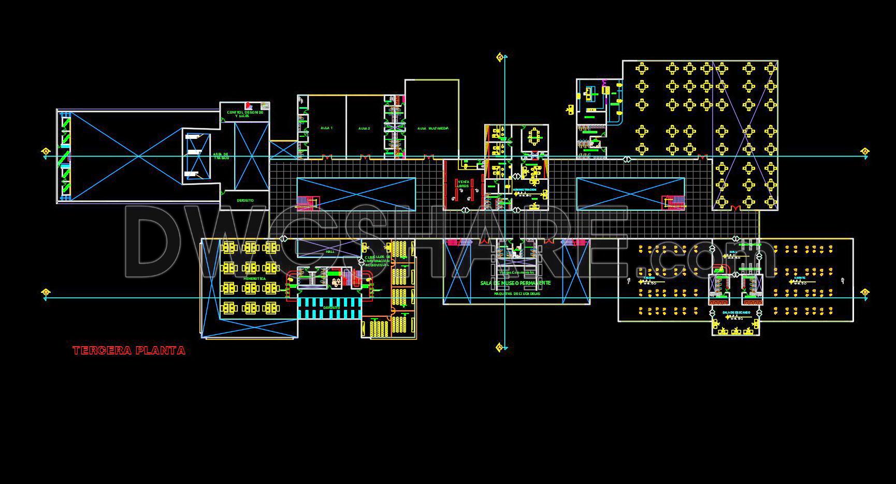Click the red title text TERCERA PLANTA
click(x=129, y=351)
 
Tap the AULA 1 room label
click(x=326, y=128)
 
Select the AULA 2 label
click(x=364, y=128)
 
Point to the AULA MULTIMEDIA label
click(x=432, y=128)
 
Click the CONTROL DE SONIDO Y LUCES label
click(x=244, y=113)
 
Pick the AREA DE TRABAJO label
click(x=221, y=155)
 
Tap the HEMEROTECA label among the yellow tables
click(x=254, y=279)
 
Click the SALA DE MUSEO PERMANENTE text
click(x=515, y=283)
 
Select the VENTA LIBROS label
click(x=463, y=183)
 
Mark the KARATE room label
click(x=800, y=278)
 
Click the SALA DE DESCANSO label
click(x=736, y=313)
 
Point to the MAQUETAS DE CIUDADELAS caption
click(x=516, y=294)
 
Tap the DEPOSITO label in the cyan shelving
click(x=331, y=307)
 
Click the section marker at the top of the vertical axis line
click(x=500, y=57)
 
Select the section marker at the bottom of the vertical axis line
click(x=500, y=347)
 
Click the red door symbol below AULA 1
click(x=326, y=156)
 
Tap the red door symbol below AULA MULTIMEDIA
click(x=428, y=156)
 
